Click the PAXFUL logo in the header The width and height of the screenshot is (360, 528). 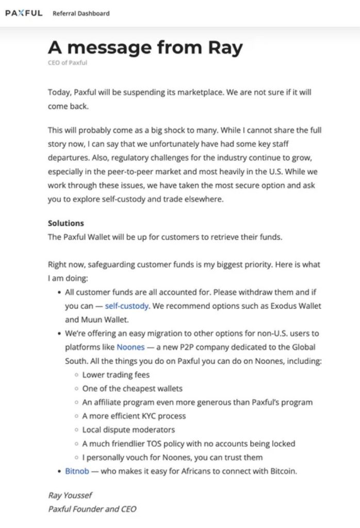[x=24, y=13]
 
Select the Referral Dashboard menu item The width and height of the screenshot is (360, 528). [x=81, y=13]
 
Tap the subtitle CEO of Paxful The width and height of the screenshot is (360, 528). [x=68, y=63]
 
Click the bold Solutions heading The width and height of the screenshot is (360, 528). [x=66, y=223]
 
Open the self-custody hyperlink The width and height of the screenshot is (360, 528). [x=127, y=306]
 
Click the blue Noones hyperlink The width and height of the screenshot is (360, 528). [x=130, y=347]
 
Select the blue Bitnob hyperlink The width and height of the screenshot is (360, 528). [x=77, y=471]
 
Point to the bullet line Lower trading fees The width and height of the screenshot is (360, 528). [x=116, y=375]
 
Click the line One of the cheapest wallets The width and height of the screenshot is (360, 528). [x=132, y=388]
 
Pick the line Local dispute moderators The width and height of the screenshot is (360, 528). [x=128, y=430]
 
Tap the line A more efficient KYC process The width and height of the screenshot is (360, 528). [x=134, y=416]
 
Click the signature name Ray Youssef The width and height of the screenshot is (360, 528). [x=70, y=496]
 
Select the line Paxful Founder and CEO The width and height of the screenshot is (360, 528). [x=92, y=509]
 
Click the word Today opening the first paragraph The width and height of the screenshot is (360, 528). [x=59, y=92]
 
